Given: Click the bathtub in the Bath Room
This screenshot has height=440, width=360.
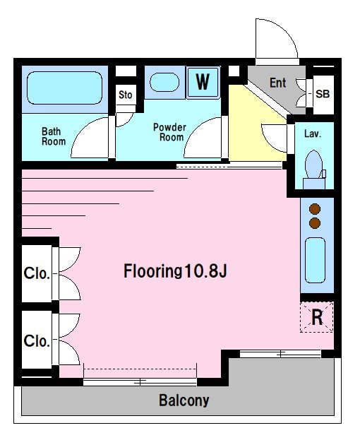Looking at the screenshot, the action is pos(64,88).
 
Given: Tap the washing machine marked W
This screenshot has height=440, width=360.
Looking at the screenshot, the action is pos(203,82).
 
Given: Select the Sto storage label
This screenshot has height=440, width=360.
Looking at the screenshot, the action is pos(126,95).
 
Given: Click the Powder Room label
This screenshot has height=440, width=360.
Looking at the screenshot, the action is pos(169,132).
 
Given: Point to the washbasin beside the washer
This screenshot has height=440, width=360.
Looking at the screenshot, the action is pos(164,83).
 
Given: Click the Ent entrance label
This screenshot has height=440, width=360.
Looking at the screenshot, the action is pos(278,83).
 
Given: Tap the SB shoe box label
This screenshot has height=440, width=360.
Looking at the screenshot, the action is pos(323,94).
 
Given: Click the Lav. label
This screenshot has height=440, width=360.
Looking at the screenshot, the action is pos(313,133).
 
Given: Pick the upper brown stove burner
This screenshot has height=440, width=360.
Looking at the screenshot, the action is pos(315,209).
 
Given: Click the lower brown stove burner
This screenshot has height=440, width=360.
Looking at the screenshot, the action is pos(315,222).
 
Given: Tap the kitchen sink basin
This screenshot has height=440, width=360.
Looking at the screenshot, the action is pos(315,260).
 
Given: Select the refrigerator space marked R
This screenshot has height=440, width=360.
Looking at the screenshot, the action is pos(317,317).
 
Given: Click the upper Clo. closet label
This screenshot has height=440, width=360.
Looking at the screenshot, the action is pos(37,273).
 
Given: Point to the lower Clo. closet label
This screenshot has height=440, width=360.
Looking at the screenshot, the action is pos(37,341).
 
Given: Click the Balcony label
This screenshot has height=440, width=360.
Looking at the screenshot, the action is pos(184,400).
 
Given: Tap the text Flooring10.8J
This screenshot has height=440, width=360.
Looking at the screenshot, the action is pos(175,271).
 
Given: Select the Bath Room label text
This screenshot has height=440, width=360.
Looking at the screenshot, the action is pos(54,136).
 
